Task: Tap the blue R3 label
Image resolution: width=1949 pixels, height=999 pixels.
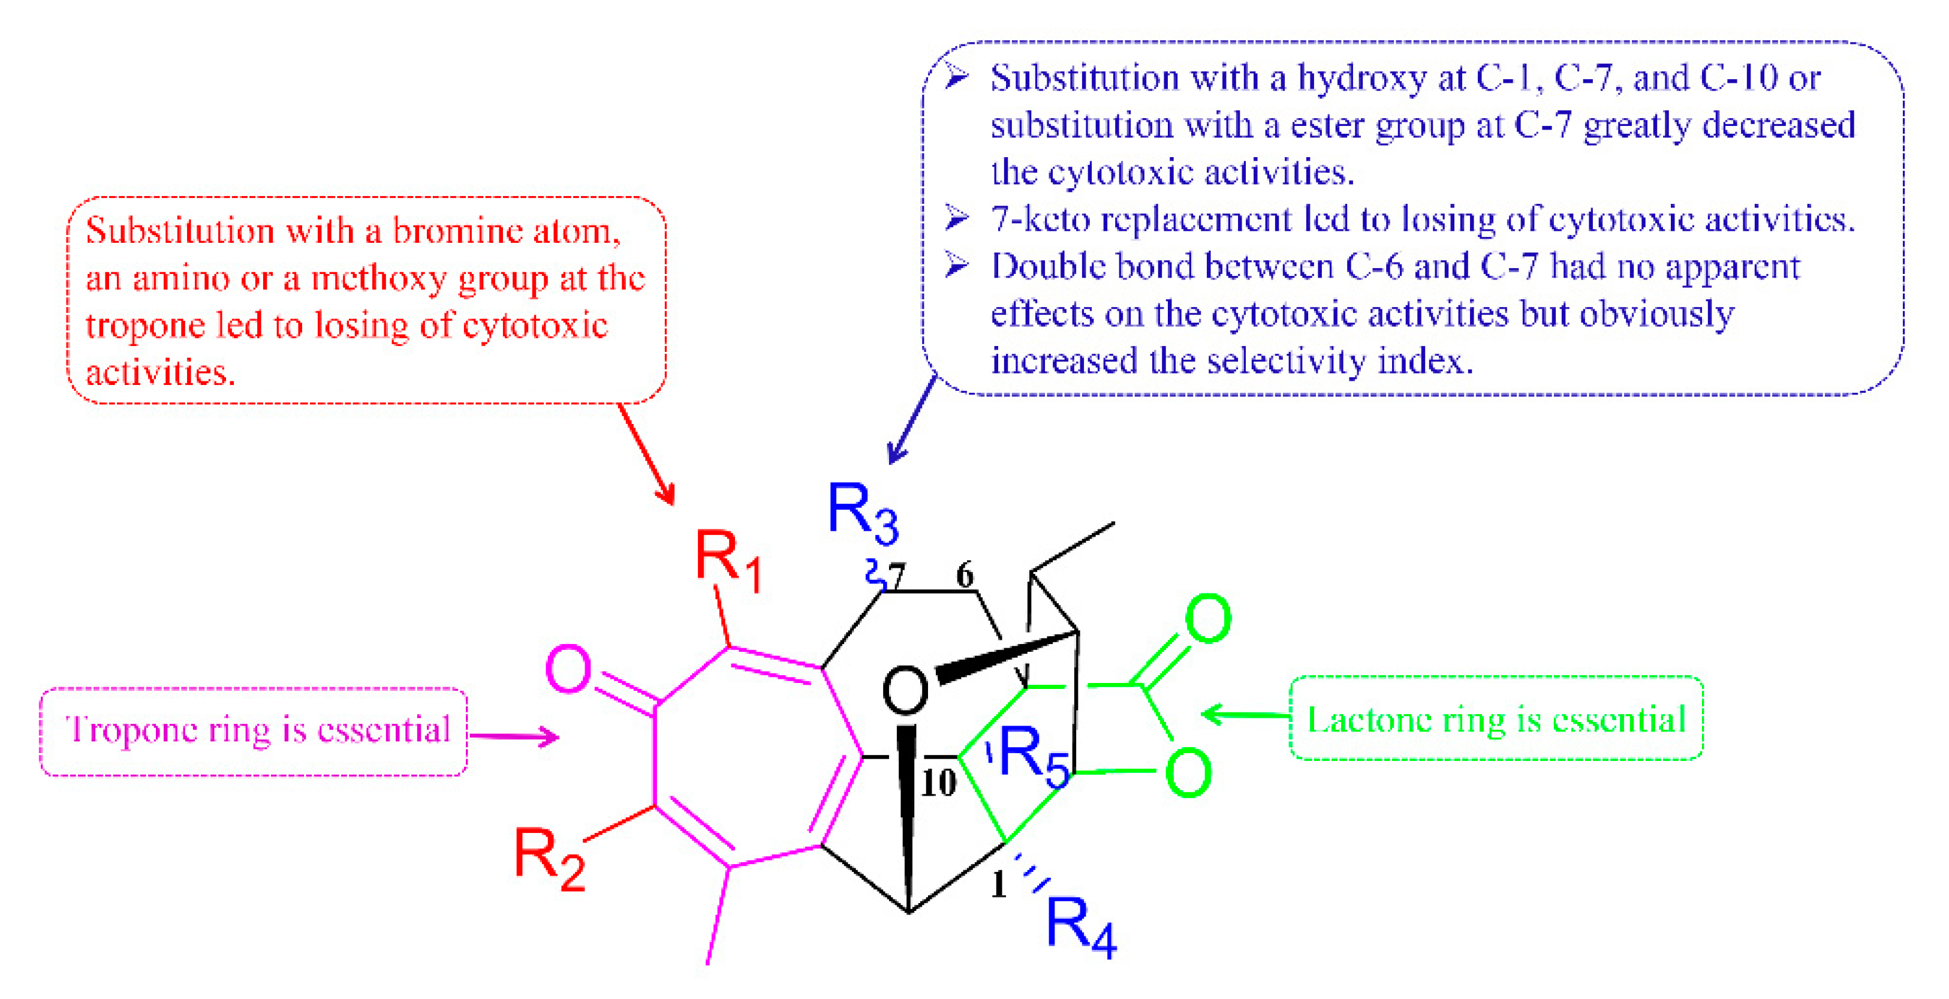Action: click(861, 513)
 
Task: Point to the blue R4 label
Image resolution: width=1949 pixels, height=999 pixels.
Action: click(1080, 926)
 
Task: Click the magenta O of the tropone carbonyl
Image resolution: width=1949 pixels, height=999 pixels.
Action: click(568, 669)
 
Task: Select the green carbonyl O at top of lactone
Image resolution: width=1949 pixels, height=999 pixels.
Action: click(1207, 618)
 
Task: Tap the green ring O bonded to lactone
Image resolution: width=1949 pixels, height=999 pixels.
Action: click(1188, 773)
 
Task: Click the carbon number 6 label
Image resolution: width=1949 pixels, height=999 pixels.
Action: click(965, 575)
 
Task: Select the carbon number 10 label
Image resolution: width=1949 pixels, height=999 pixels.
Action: click(938, 783)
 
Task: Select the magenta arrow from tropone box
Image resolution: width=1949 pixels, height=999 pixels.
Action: click(514, 736)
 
